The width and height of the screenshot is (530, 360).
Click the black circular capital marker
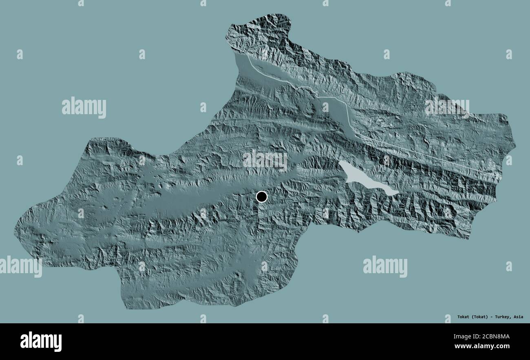[261, 197]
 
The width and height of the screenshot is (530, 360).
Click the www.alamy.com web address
[488, 346]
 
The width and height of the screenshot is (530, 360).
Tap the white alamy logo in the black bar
[41, 341]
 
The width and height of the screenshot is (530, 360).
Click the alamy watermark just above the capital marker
[265, 160]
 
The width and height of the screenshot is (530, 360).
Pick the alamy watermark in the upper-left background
[84, 108]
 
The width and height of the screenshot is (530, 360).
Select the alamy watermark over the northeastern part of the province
[447, 107]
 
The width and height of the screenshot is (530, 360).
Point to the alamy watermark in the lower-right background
[385, 267]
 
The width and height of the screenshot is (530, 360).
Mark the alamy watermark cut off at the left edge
[20, 267]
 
